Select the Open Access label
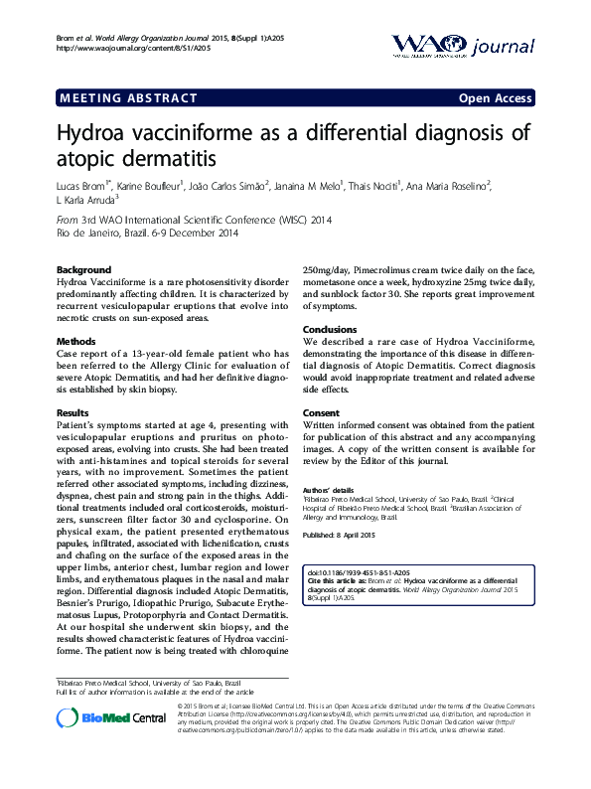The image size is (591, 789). pos(495,98)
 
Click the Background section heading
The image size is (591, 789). pos(83,270)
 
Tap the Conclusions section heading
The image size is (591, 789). pos(330,330)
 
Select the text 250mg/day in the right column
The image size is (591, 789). pos(330,270)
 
